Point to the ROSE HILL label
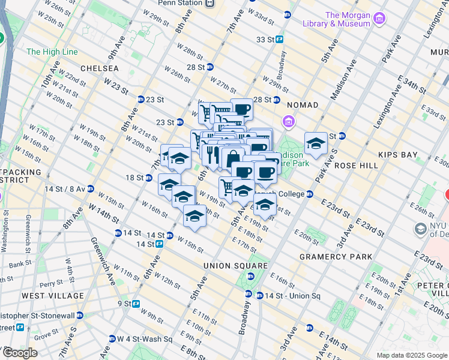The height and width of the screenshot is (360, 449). pyautogui.click(x=356, y=165)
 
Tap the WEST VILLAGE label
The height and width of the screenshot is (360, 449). pyautogui.click(x=53, y=296)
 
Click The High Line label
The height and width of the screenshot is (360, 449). pyautogui.click(x=52, y=52)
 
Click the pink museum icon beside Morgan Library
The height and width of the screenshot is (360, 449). pyautogui.click(x=379, y=19)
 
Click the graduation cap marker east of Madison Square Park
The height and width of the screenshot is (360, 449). pyautogui.click(x=316, y=143)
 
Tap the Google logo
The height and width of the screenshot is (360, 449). pyautogui.click(x=19, y=353)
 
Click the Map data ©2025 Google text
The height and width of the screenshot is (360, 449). pyautogui.click(x=411, y=355)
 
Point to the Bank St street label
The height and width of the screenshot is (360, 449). pyautogui.click(x=20, y=263)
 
